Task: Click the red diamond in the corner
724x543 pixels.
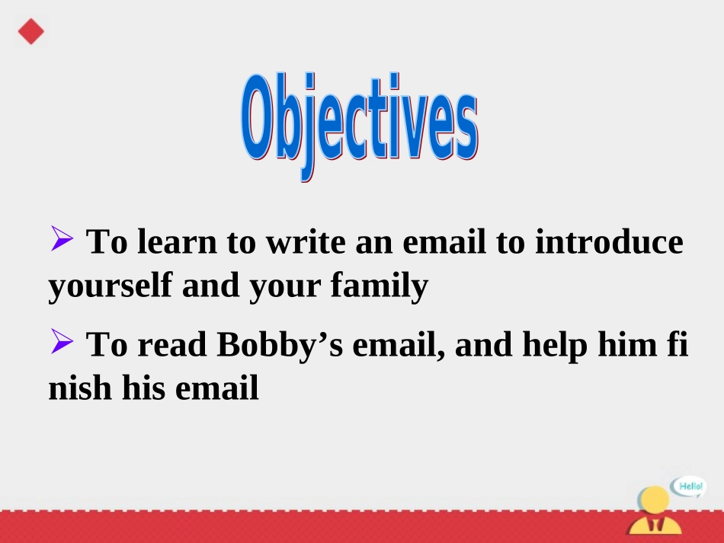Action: point(31,31)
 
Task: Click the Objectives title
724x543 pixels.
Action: point(360,124)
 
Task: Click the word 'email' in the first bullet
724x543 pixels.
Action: point(444,243)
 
